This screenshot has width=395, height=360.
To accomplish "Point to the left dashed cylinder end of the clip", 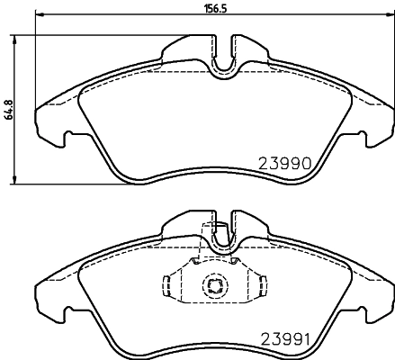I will pyautogui.click(x=167, y=285).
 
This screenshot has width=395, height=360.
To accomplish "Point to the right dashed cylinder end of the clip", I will pyautogui.click(x=263, y=285).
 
